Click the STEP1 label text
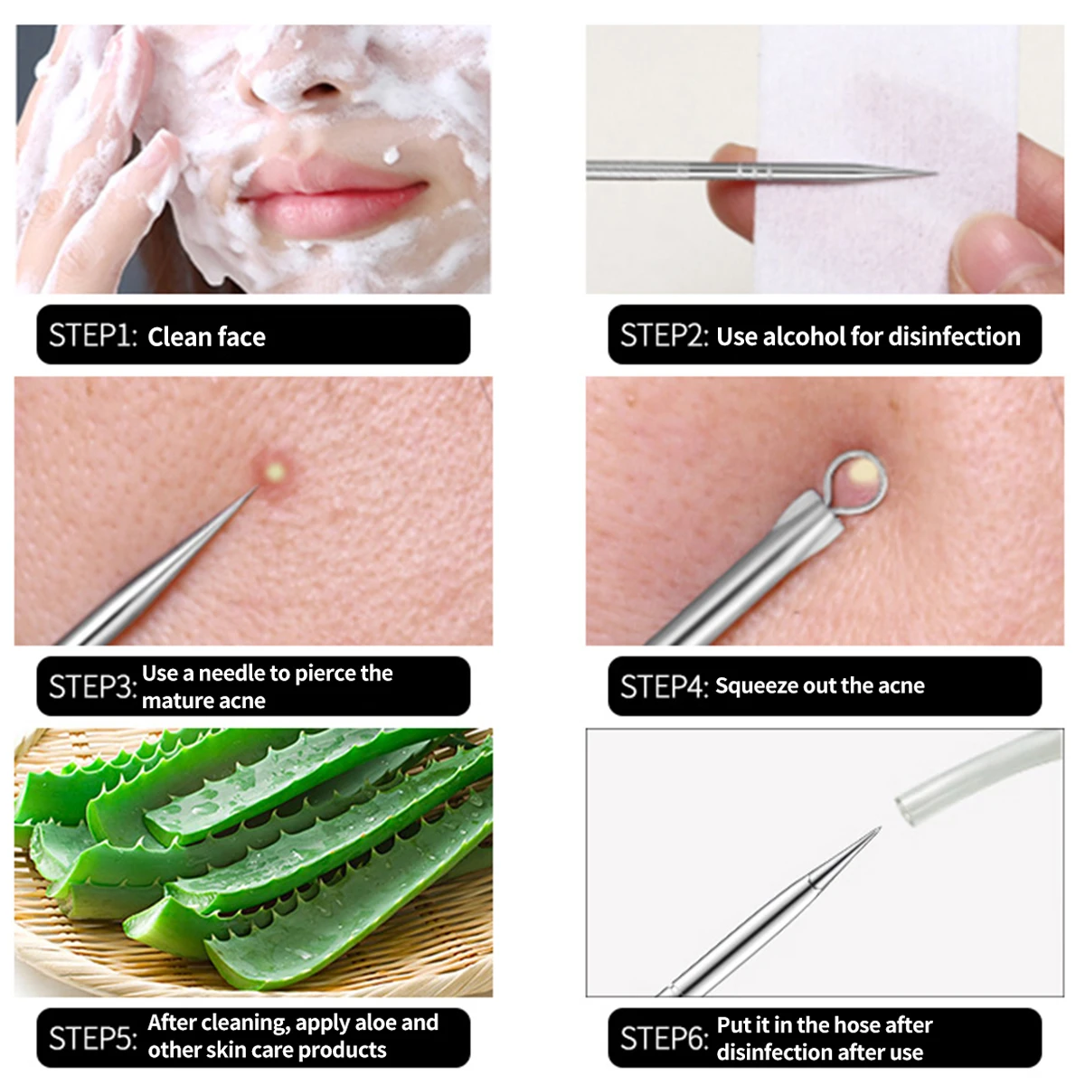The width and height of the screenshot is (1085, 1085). (x=92, y=335)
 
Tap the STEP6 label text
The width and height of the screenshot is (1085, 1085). (x=663, y=1039)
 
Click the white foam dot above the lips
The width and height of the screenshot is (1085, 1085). (x=392, y=156)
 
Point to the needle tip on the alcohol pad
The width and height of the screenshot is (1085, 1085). (x=931, y=173)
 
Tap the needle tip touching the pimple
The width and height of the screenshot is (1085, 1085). (x=256, y=489)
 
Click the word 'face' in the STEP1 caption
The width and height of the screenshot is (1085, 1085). (x=241, y=337)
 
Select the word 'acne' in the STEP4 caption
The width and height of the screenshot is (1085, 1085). (x=901, y=686)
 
